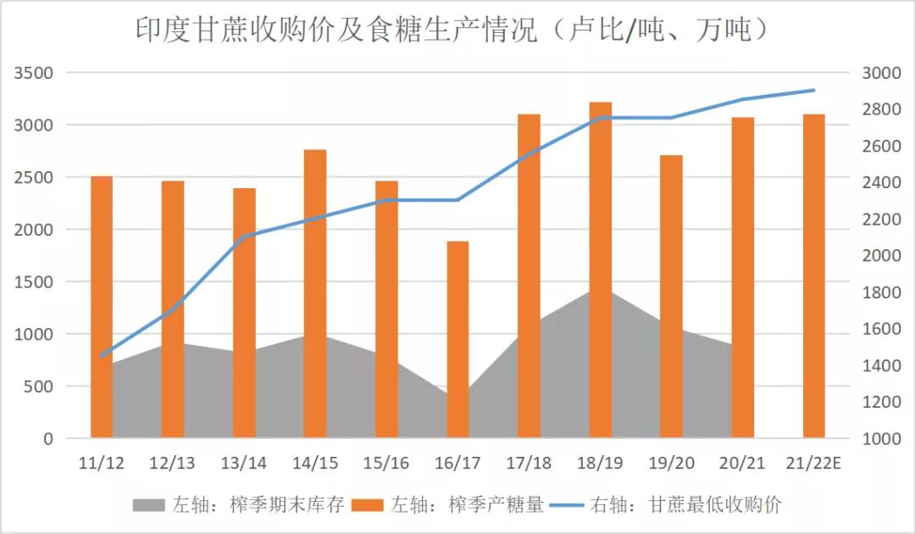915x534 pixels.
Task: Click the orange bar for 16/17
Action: tap(457, 339)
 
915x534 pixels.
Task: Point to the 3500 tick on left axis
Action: tap(33, 73)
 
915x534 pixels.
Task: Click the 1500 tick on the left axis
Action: tap(33, 282)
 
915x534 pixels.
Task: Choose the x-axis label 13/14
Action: tap(243, 464)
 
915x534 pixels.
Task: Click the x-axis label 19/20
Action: tap(671, 464)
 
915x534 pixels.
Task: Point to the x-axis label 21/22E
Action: tap(813, 464)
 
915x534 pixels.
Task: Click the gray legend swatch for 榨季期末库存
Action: tap(149, 506)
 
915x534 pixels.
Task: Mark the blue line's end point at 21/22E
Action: tap(813, 90)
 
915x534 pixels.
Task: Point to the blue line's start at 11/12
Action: tap(102, 356)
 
